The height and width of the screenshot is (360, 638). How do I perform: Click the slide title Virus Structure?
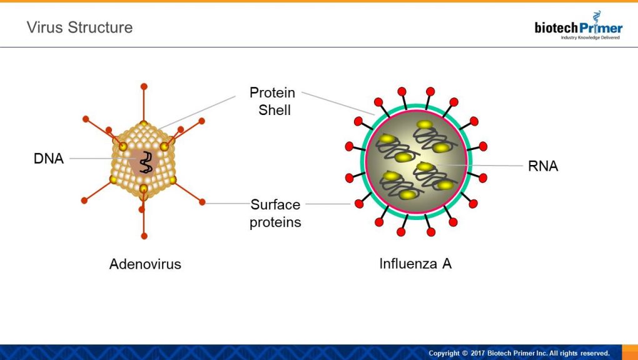pos(80,27)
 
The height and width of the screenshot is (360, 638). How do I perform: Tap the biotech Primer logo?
pos(579,26)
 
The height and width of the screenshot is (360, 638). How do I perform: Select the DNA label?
pos(49,159)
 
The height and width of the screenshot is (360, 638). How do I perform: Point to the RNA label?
pos(543,166)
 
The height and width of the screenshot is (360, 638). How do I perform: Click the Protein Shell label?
pos(273,101)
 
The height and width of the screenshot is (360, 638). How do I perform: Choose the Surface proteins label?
pos(275,213)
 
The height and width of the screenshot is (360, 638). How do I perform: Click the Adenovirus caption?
pos(145,264)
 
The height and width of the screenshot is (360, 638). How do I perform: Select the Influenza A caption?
pos(415,264)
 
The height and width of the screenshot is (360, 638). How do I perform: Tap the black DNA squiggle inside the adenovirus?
pos(146,162)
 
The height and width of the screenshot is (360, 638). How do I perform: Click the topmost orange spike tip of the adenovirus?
pos(144,87)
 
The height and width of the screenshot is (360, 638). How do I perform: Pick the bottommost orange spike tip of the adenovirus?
pos(144,236)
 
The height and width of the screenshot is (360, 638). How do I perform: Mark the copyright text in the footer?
pos(519,353)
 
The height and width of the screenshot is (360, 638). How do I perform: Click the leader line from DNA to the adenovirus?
pos(102,158)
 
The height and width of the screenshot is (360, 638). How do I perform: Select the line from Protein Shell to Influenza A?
pos(338,104)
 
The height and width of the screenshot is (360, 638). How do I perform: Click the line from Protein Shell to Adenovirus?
pos(197,112)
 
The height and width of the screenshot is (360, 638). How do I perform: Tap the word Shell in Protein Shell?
pos(275,110)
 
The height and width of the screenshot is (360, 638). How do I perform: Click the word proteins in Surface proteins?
pos(275,222)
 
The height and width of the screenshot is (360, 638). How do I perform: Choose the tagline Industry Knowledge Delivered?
pos(590,38)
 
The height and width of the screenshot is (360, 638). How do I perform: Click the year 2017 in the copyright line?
pos(478,353)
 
